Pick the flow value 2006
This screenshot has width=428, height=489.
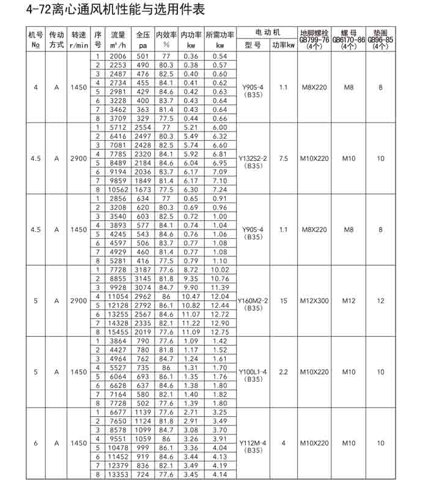click(118, 56)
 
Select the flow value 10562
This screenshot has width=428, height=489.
click(118, 190)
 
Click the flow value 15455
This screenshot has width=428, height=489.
click(118, 332)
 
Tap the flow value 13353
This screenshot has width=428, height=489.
click(118, 474)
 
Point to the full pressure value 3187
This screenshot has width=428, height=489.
click(143, 270)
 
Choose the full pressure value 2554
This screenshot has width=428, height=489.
click(143, 127)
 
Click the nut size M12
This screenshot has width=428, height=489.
click(349, 300)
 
